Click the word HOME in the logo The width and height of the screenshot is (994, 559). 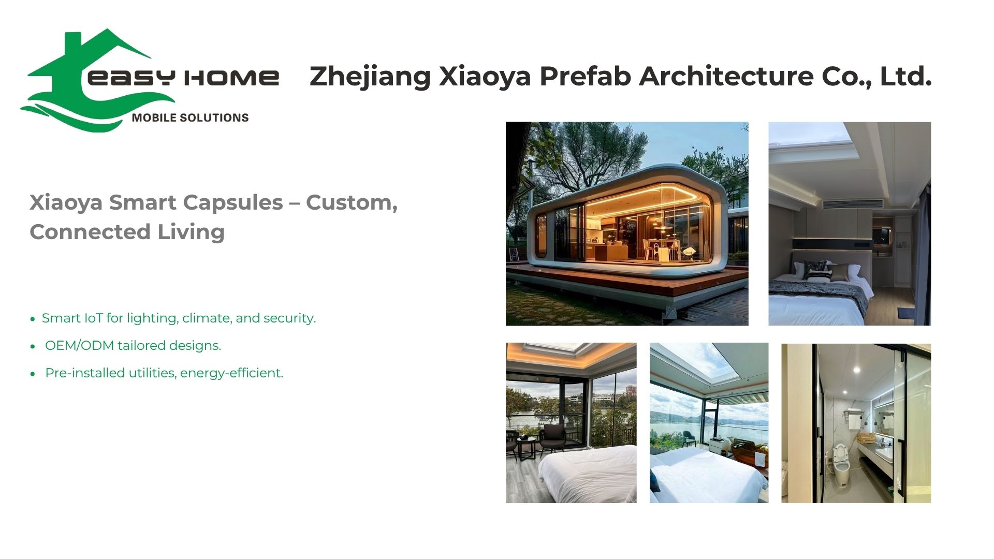231,78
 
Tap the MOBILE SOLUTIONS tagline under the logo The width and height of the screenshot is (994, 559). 190,118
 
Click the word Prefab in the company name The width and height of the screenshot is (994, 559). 585,77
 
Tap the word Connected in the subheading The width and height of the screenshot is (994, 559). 90,232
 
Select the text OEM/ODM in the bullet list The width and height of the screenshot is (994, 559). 79,345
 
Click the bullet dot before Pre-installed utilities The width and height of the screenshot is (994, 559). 33,374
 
